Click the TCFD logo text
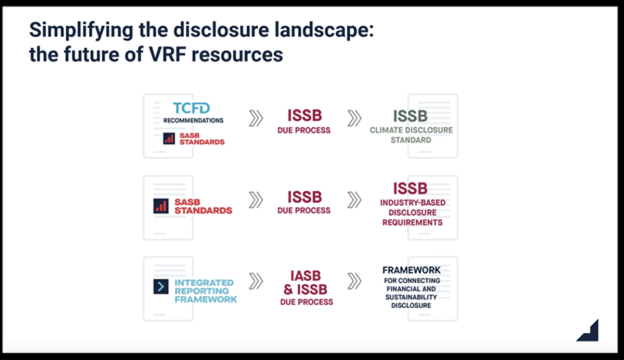coord(191,108)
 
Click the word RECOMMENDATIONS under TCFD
coord(193,120)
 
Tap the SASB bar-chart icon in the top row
coord(169,138)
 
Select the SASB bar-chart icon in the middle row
coord(161,206)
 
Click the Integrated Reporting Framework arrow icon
coord(161,287)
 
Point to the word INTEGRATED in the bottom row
coord(204,283)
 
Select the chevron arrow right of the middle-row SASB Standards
coord(255,200)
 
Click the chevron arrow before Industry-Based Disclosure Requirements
coord(354,200)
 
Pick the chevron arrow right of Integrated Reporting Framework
coord(255,281)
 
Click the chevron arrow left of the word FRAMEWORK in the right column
coord(354,281)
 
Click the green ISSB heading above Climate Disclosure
coord(410,115)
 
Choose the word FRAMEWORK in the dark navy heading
coord(411,271)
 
